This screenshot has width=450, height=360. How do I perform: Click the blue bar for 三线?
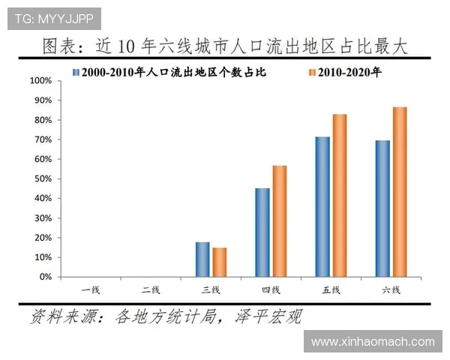coord(202,259)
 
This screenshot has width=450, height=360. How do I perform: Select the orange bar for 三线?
coord(219,262)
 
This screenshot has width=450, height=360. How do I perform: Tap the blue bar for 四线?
coord(262,232)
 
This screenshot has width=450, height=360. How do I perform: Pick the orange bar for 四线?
coord(279,221)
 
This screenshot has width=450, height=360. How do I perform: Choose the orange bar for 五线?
coord(339,196)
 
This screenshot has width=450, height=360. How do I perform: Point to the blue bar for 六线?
coord(382,208)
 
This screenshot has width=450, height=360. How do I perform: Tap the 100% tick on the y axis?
coord(40,80)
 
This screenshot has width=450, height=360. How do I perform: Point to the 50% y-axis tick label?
coord(43,178)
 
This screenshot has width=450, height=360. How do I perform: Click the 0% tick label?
coord(45,277)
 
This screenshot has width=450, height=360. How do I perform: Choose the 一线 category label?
coord(91,289)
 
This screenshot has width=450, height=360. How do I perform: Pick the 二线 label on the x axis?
coord(151,289)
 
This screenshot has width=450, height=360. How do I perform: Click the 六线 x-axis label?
coord(391,289)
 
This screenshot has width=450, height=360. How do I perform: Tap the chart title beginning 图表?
coord(225,46)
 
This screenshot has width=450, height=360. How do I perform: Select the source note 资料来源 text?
coord(165,316)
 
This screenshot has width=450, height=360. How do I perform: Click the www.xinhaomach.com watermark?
coord(373,341)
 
